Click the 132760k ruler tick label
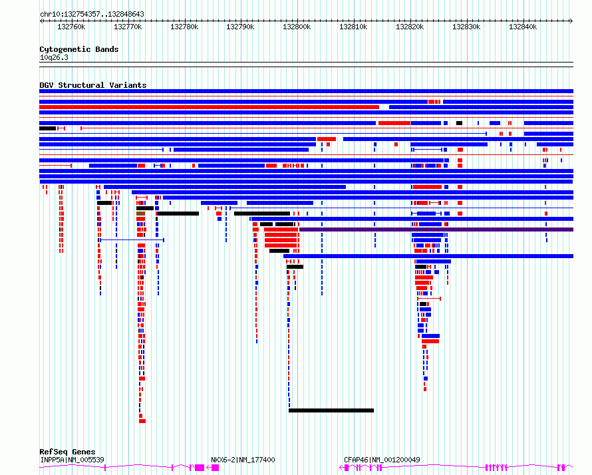click(71, 27)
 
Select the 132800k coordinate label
click(297, 27)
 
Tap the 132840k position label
click(523, 27)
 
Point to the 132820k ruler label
click(410, 27)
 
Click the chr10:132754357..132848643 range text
click(92, 15)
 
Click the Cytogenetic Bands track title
click(79, 49)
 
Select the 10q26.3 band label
click(54, 57)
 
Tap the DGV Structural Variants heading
click(93, 85)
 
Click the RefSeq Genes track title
click(67, 452)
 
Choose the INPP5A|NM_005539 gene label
click(72, 460)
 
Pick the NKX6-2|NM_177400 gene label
click(243, 460)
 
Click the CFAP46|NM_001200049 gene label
click(382, 460)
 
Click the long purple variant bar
click(436, 230)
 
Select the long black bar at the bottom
click(331, 410)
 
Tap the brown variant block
click(140, 214)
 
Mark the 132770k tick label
click(128, 27)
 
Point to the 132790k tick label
click(240, 27)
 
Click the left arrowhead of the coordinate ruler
click(41, 21)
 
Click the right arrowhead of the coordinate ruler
click(571, 21)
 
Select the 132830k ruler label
click(466, 27)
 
